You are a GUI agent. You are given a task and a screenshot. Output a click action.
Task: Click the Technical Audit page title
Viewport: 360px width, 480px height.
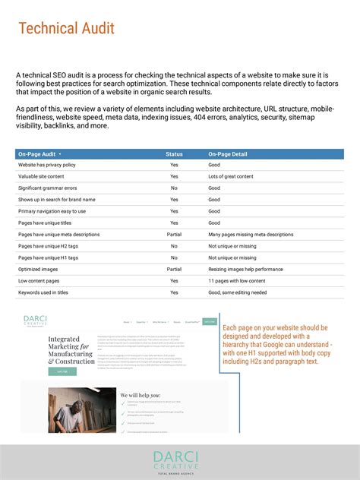66,29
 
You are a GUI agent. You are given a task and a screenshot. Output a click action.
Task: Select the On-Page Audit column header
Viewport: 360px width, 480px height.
39,154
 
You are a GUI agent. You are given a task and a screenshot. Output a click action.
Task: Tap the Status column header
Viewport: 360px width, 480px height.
174,154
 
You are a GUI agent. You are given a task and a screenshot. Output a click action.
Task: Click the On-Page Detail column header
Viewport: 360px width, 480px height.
228,154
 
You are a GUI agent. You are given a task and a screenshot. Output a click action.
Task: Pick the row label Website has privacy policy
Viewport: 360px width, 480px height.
47,165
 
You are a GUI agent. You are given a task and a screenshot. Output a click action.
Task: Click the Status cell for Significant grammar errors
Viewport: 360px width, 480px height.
174,188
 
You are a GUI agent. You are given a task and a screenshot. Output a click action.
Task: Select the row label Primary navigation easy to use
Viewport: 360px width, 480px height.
52,211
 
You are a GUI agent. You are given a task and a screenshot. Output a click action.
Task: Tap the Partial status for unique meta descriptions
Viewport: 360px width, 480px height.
174,235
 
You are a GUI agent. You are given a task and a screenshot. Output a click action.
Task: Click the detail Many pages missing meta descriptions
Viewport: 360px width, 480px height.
251,235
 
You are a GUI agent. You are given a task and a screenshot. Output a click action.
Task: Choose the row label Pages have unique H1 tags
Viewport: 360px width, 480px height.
48,257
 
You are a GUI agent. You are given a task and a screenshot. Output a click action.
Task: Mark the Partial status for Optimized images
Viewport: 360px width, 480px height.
174,270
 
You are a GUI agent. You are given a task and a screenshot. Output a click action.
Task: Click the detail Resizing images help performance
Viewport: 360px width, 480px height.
246,270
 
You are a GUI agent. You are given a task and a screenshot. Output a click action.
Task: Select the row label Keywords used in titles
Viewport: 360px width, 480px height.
43,292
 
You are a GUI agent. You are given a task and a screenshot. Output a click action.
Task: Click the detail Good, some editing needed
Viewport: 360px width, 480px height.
237,292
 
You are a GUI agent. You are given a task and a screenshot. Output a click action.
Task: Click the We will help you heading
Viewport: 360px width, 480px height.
141,395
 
